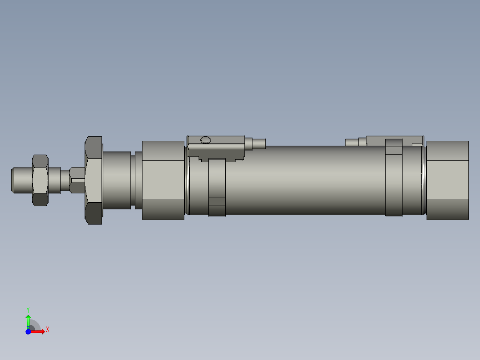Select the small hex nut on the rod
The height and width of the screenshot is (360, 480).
pyautogui.click(x=40, y=180)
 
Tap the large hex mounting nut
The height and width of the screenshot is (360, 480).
pyautogui.click(x=93, y=180)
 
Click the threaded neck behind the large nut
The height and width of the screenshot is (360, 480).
pyautogui.click(x=117, y=180)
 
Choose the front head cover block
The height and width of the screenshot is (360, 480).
pyautogui.click(x=163, y=180)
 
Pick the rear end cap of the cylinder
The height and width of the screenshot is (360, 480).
pyautogui.click(x=447, y=180)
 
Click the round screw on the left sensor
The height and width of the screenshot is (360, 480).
pyautogui.click(x=205, y=140)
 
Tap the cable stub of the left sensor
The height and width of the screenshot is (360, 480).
pyautogui.click(x=259, y=143)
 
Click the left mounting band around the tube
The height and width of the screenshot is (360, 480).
pyautogui.click(x=217, y=187)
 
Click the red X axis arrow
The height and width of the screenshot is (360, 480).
pyautogui.click(x=38, y=331)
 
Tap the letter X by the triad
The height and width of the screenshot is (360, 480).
pyautogui.click(x=48, y=330)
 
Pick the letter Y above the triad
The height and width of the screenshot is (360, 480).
pyautogui.click(x=28, y=309)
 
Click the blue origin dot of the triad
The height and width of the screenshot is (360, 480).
pyautogui.click(x=28, y=331)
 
